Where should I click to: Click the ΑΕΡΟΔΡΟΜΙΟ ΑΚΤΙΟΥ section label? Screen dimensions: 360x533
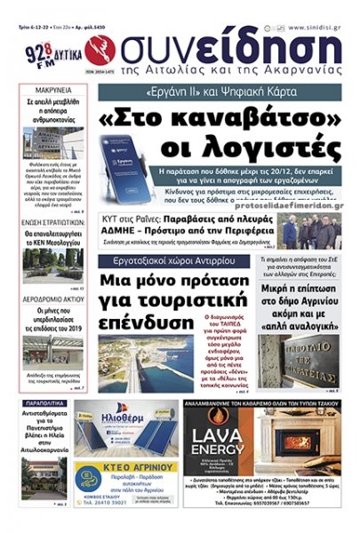45,299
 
